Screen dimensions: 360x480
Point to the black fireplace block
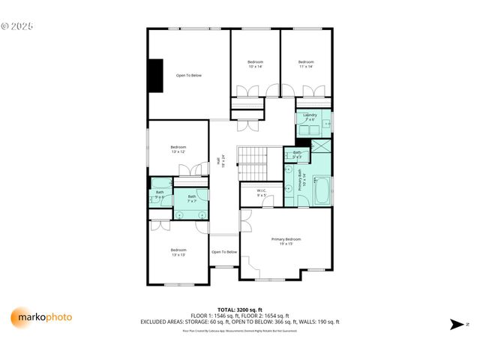155,76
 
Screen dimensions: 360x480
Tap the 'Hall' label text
219,160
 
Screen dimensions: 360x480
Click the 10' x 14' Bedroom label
255,64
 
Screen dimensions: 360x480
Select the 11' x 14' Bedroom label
305,64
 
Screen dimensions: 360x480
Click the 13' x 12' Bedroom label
178,149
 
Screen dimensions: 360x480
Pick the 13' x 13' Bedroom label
178,252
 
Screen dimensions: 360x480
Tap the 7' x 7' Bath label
192,199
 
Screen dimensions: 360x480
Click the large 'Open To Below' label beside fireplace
189,75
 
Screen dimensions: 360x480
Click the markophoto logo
42,317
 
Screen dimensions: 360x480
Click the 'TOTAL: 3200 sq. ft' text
239,309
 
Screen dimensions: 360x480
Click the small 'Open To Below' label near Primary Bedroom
224,252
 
